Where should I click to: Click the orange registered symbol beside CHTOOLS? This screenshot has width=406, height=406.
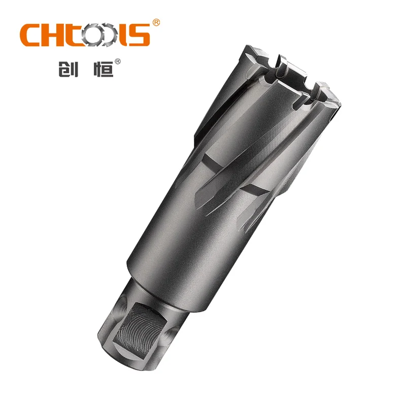point(156,23)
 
